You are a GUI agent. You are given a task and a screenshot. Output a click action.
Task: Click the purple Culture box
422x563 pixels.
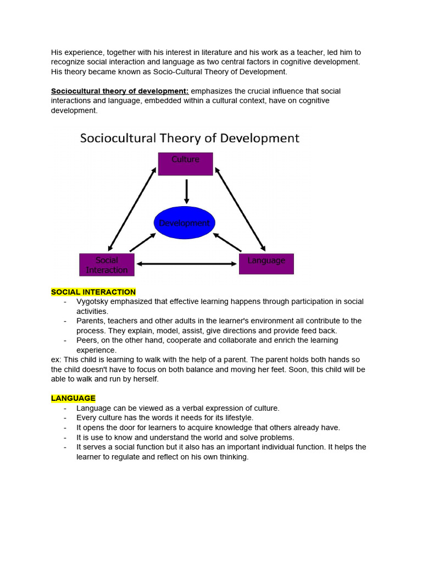185,164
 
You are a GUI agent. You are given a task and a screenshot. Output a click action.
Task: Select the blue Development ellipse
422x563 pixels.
184,223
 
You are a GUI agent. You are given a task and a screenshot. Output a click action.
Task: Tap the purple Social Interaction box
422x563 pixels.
107,264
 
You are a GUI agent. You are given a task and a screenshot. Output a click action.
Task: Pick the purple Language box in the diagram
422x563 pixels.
266,264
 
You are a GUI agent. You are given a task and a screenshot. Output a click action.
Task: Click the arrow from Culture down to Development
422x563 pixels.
186,192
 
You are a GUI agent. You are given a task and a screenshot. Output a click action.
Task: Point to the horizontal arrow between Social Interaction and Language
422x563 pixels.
186,264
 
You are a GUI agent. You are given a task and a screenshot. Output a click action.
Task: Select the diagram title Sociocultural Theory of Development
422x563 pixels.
190,137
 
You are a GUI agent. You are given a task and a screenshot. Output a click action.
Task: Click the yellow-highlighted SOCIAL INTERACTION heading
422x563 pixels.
93,292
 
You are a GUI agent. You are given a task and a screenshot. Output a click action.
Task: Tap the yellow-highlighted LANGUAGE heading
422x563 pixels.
73,398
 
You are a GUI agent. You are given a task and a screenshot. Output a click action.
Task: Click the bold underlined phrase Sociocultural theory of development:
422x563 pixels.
120,91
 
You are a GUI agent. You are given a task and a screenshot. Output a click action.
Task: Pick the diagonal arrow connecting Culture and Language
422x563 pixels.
240,209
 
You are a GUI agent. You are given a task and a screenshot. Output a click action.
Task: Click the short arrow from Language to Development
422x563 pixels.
227,242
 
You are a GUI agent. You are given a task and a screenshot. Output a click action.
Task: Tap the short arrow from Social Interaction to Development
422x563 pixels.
142,242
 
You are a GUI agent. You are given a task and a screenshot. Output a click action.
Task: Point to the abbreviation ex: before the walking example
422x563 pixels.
56,360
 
